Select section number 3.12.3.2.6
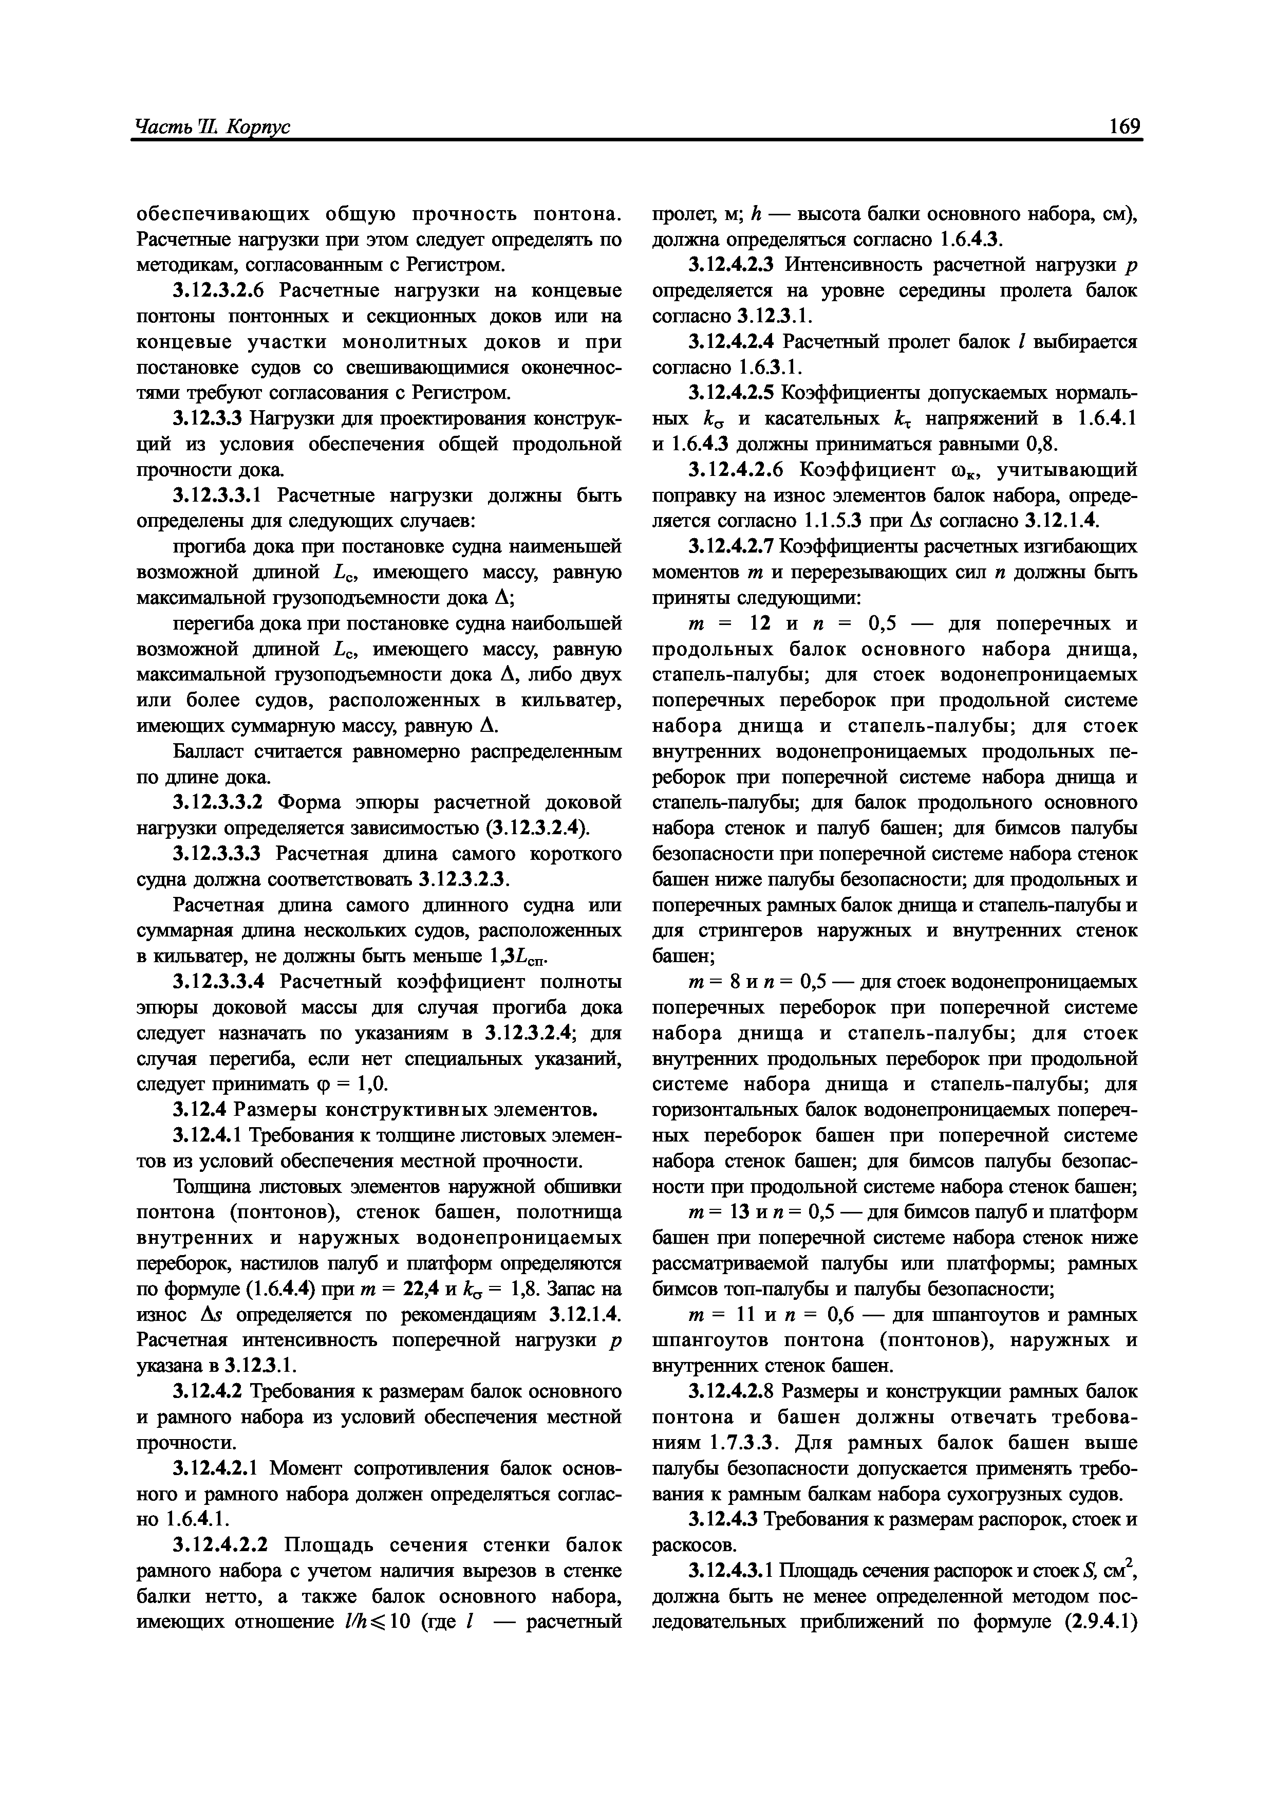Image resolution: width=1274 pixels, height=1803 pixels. point(222,290)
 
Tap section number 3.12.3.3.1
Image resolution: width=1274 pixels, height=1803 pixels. point(222,495)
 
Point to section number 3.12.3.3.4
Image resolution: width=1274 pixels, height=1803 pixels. point(222,982)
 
